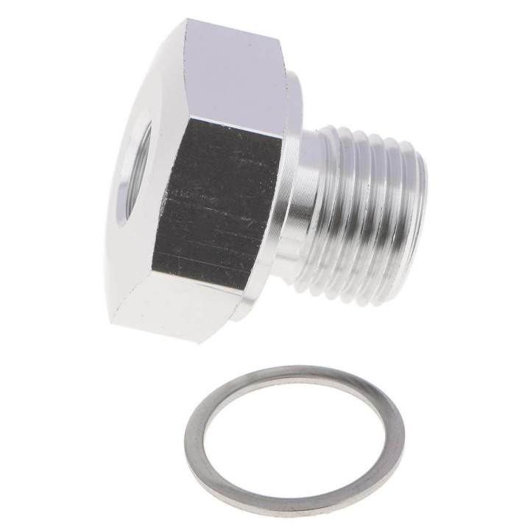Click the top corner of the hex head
(x=184, y=22)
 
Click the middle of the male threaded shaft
(x=361, y=210)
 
